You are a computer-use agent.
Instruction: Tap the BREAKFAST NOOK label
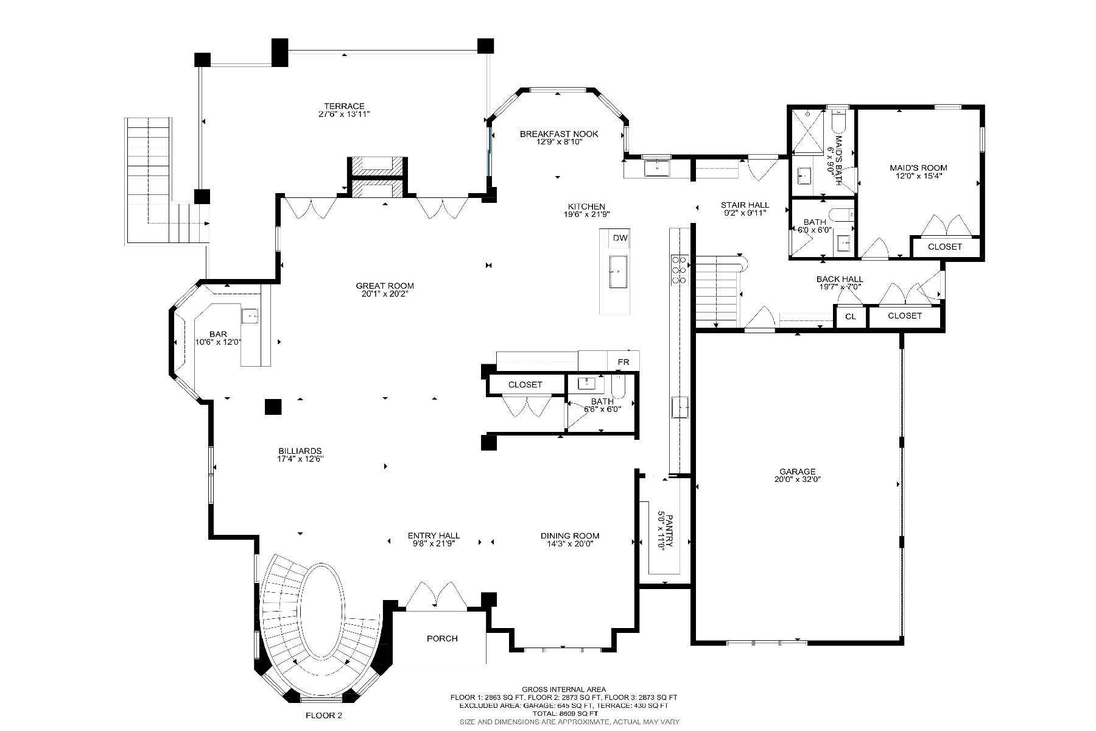point(559,134)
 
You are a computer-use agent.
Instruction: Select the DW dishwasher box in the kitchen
point(620,238)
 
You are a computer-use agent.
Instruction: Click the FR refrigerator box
point(624,362)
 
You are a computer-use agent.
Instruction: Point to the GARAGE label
point(797,471)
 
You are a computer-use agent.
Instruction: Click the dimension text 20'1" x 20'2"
point(384,294)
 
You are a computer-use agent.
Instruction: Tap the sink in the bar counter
point(250,316)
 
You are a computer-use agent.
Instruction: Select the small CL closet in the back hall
point(851,317)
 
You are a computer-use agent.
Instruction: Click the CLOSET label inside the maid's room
point(944,247)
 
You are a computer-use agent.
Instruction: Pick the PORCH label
point(442,638)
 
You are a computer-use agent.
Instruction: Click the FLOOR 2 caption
point(324,715)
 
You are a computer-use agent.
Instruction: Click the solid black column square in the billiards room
point(273,407)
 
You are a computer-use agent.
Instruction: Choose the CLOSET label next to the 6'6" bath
point(525,384)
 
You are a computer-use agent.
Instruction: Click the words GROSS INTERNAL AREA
point(564,690)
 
